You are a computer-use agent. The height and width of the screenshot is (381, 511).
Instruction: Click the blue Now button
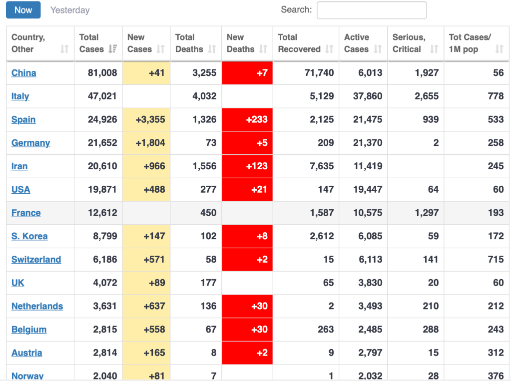pos(23,10)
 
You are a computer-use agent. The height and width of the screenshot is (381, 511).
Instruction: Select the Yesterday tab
pos(70,10)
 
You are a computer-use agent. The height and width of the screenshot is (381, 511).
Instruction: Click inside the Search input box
pos(372,10)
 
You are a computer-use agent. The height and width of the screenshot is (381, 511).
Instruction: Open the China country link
pos(23,73)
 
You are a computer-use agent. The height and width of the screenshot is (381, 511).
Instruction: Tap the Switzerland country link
pos(36,260)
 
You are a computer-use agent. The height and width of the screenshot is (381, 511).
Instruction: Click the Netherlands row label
pos(37,306)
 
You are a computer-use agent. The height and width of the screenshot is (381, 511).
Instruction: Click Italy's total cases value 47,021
pos(102,96)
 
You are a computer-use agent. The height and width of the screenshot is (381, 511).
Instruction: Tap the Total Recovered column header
pos(299,43)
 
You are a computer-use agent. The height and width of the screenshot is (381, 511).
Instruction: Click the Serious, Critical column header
pos(409,43)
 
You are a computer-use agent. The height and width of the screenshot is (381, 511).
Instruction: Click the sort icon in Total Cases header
pos(112,49)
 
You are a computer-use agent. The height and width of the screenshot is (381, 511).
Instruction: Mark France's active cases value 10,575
pos(368,213)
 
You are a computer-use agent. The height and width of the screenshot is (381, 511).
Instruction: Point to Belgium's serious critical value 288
pos(431,330)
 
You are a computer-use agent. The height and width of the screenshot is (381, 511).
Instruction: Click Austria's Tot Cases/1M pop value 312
pos(496,353)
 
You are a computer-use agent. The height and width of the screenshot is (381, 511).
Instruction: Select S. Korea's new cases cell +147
pos(154,236)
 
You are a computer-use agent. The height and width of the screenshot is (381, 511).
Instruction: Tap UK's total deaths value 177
pos(208,283)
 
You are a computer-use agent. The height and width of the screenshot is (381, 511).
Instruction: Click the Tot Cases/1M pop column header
pos(470,43)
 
